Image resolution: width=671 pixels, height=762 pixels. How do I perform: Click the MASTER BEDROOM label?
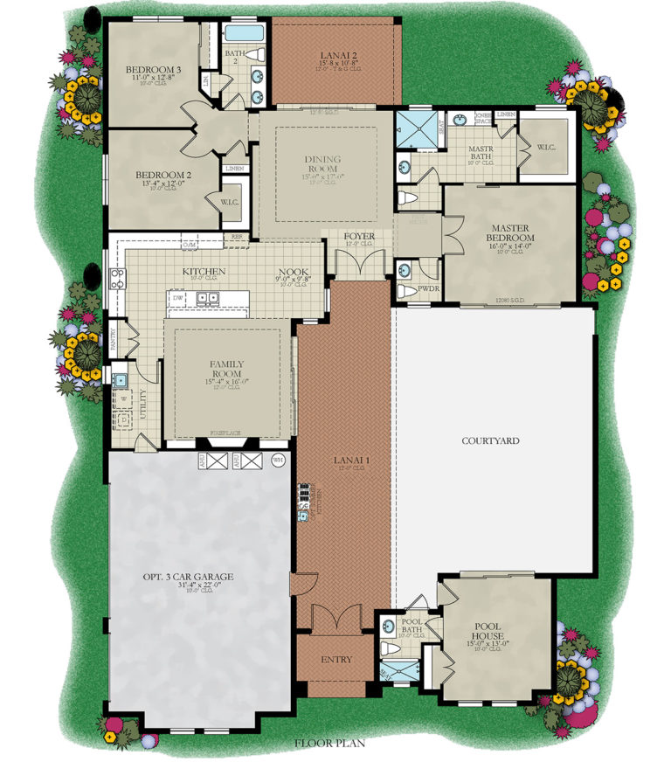(510, 233)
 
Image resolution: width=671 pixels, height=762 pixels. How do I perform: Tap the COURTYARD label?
(490, 440)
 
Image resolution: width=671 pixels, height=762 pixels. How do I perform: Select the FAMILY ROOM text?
(227, 369)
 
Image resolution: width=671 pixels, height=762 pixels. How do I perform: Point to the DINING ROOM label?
(323, 164)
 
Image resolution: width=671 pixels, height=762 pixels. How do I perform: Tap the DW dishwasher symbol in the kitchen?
(177, 298)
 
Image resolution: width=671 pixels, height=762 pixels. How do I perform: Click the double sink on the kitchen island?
(207, 298)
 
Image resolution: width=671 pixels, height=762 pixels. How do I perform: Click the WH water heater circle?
(279, 461)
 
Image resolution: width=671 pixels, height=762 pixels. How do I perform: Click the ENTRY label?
(336, 659)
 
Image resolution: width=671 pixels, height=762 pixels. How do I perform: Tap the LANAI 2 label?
(335, 54)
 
